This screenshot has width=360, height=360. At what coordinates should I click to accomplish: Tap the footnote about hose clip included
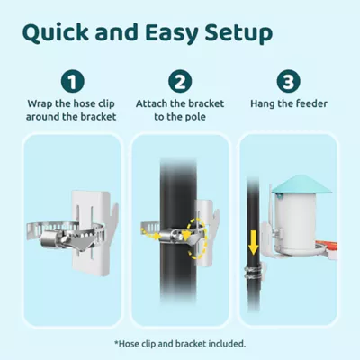(180, 343)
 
